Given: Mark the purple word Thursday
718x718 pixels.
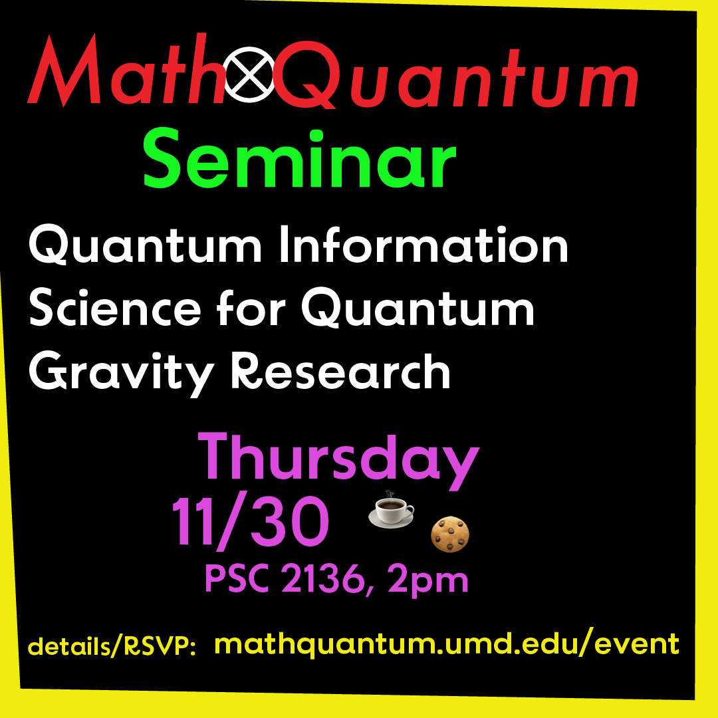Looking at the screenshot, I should pyautogui.click(x=338, y=461).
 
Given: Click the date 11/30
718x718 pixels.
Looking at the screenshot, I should pyautogui.click(x=251, y=522).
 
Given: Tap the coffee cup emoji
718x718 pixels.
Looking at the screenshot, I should pyautogui.click(x=391, y=512).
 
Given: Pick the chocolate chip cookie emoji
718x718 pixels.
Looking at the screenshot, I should pyautogui.click(x=451, y=535).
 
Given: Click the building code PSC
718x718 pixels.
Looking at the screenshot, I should pyautogui.click(x=237, y=580).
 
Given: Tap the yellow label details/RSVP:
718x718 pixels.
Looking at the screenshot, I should pyautogui.click(x=112, y=646).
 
